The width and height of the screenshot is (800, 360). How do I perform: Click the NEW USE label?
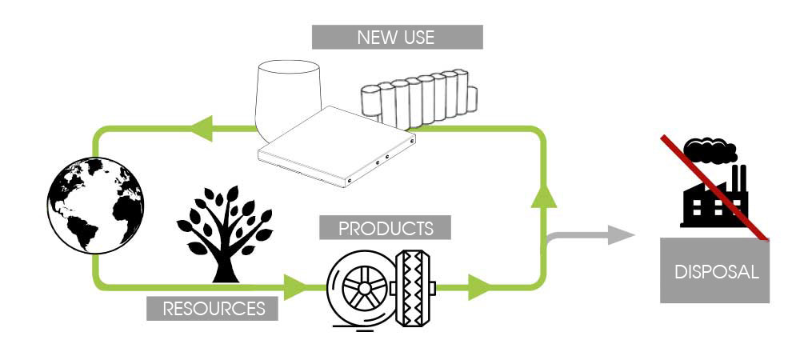397,38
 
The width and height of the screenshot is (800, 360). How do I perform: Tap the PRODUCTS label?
386,227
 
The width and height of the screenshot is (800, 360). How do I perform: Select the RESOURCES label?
212,309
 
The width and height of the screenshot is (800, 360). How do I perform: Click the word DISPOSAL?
716,272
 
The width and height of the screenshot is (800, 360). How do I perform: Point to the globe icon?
95,205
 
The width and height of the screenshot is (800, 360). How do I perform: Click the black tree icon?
225,234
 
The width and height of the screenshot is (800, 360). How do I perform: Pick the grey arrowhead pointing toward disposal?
621,235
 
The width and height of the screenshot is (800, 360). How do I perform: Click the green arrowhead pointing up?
543,195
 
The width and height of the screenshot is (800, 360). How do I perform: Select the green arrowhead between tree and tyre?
295,287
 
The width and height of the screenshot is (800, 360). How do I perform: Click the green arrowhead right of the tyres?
478,287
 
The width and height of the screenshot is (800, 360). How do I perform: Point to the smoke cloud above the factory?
710,150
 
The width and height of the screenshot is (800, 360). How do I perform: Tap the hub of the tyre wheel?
364,289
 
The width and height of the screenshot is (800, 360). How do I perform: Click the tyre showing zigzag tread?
413,288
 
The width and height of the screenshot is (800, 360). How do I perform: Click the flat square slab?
337,147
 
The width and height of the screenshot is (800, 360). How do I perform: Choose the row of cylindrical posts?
419,98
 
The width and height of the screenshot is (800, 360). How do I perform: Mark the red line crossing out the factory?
714,187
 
